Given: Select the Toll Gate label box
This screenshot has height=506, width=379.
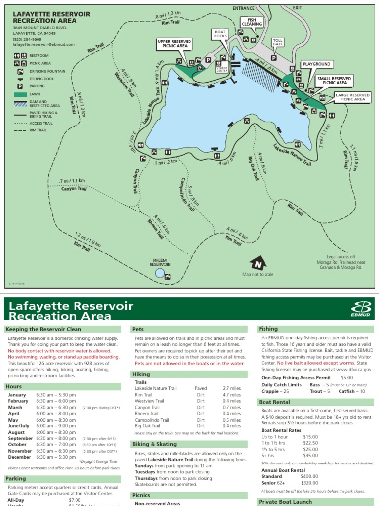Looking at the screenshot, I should (x=278, y=42).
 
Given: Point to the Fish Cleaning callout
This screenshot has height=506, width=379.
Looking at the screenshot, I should (x=251, y=22).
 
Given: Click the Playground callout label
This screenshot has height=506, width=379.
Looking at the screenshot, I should (x=316, y=64).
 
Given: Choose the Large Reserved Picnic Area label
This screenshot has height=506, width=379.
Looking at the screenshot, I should (x=353, y=97).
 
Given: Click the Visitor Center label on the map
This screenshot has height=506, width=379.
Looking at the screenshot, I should (x=222, y=69).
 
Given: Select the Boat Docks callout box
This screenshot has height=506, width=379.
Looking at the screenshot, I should (x=220, y=34).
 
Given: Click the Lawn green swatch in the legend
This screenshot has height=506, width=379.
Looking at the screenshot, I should (x=20, y=94).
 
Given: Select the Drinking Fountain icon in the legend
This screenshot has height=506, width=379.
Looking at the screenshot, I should (x=20, y=71).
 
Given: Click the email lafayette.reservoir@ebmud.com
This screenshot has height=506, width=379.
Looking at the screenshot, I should (x=43, y=44).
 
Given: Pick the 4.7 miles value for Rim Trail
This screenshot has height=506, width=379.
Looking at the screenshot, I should (x=231, y=395).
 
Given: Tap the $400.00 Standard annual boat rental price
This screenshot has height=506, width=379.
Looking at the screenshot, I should (x=310, y=476).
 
